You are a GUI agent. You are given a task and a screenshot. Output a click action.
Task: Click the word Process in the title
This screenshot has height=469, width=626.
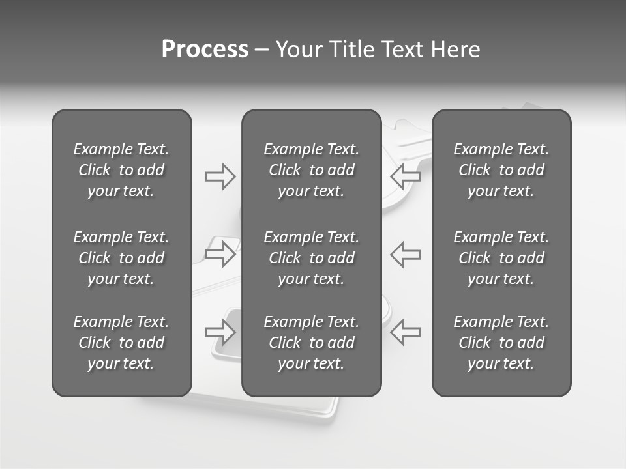point(205,50)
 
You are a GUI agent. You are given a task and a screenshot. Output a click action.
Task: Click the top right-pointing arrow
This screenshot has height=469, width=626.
point(220,177)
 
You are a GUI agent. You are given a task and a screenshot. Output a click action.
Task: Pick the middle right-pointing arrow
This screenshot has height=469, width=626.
point(220,254)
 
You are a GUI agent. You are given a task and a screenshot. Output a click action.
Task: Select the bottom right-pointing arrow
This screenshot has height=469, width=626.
point(220,332)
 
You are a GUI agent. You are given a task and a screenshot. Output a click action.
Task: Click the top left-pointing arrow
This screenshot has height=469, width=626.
point(405,175)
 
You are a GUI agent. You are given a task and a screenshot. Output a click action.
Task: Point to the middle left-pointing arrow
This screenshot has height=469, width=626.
point(405,254)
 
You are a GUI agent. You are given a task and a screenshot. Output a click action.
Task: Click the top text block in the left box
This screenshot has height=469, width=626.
point(121,170)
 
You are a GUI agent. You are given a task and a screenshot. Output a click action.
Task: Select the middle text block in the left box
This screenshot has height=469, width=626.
point(121,258)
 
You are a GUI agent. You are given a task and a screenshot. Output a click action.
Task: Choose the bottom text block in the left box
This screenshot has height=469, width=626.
point(121,343)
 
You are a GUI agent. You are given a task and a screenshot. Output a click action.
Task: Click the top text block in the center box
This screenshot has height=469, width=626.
point(311,170)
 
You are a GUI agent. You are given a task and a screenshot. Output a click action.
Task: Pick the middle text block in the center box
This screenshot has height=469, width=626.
point(311,258)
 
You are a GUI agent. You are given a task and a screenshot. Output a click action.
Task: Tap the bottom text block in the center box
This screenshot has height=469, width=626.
point(311,343)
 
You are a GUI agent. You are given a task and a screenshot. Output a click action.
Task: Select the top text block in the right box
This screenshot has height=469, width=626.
point(501,170)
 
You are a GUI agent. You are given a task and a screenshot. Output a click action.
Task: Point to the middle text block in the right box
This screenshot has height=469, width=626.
point(501,258)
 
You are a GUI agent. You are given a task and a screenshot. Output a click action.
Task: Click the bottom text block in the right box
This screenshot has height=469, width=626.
point(501,343)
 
